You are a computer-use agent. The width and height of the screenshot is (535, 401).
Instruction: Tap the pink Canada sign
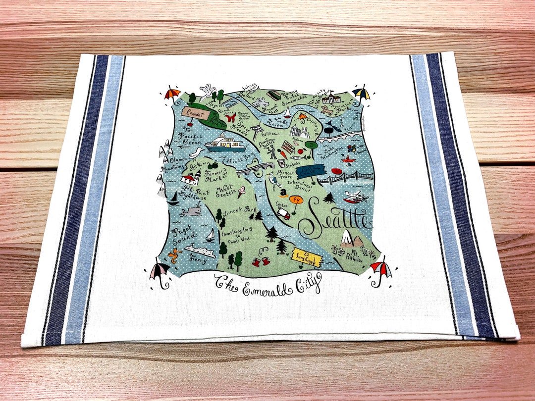pyautogui.click(x=197, y=113)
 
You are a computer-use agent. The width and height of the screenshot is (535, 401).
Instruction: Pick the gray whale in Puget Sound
pyautogui.click(x=190, y=212)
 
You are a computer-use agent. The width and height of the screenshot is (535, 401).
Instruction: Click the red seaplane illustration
pyautogui.click(x=356, y=197)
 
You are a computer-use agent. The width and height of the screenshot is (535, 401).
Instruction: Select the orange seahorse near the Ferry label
pyautogui.click(x=173, y=255)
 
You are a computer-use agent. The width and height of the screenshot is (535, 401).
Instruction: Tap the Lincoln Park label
pyautogui.click(x=238, y=211)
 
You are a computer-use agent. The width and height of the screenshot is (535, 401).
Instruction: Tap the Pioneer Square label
pyautogui.click(x=285, y=176)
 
